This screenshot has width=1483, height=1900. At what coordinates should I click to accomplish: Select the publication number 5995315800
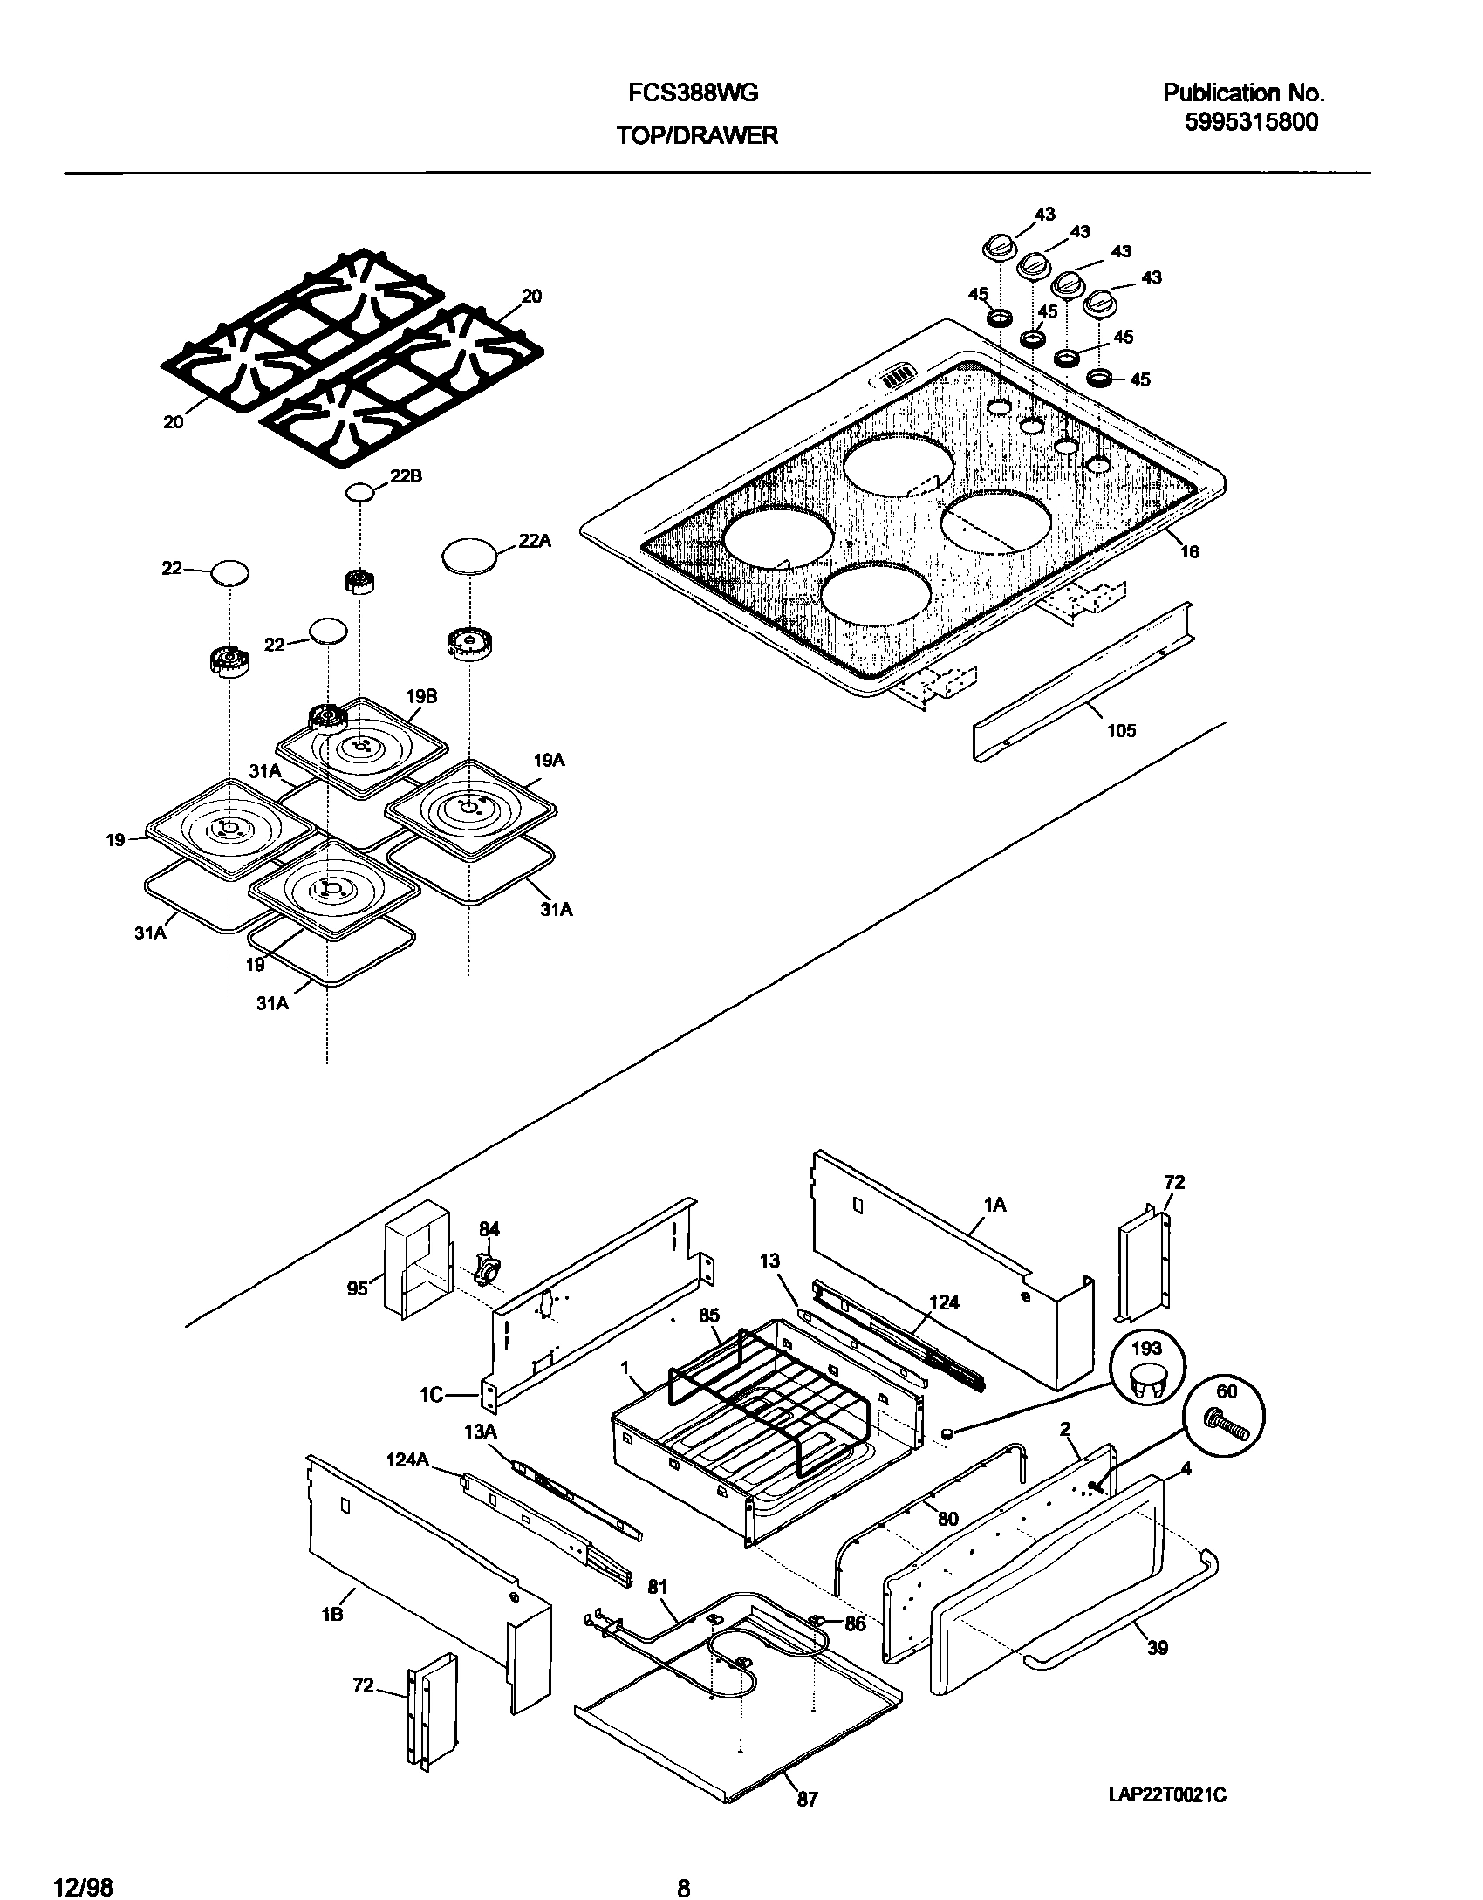1251,122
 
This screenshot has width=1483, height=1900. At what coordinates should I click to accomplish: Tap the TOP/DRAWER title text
696,135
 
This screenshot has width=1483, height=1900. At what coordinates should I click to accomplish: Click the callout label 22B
406,477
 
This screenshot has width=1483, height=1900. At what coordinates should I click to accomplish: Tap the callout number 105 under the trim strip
1121,731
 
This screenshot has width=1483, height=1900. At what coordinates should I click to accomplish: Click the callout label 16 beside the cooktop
1189,551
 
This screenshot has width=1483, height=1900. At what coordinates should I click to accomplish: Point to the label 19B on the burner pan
421,696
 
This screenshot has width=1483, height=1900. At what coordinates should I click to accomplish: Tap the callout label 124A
407,1459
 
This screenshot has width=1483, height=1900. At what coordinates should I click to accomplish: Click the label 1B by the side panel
331,1615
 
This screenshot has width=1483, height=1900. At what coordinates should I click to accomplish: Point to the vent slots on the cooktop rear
895,379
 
